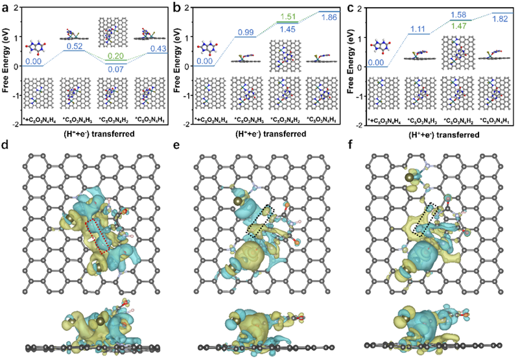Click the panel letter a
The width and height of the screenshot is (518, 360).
tap(6, 7)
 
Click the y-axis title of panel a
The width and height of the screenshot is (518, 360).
tap(8, 66)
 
